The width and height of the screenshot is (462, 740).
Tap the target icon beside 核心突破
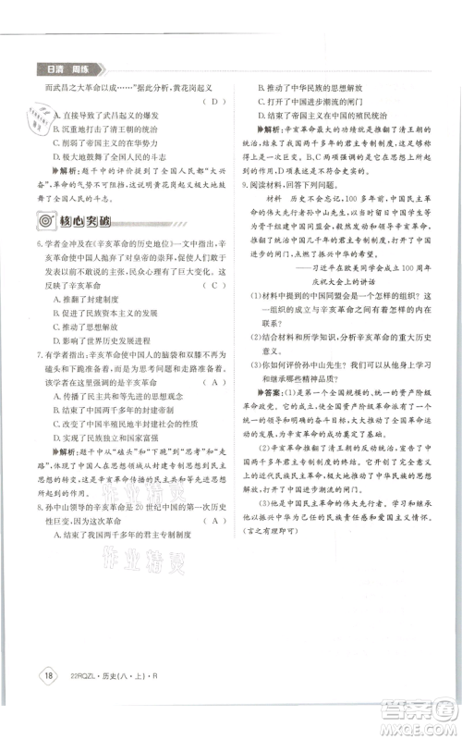tap(43, 221)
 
